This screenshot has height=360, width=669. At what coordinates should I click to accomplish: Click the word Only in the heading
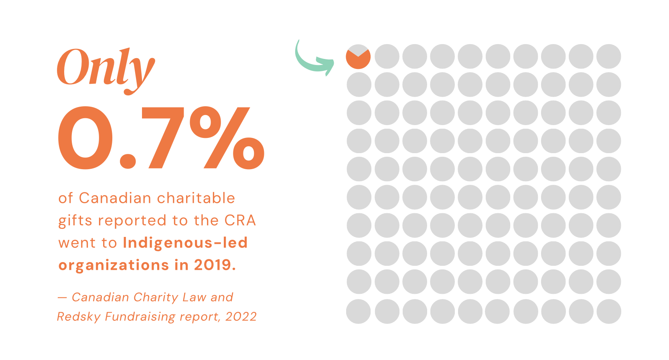[x=105, y=68]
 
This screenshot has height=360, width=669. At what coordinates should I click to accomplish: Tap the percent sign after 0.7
[x=227, y=137]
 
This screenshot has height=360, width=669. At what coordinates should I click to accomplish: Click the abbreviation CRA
[x=240, y=220]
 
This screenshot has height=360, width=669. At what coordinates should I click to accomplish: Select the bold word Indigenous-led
[x=185, y=243]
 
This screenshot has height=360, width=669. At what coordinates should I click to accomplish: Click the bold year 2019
[x=215, y=265]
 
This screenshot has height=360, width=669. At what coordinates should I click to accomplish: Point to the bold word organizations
[x=114, y=265]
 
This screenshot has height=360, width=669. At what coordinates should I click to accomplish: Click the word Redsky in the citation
[x=79, y=317]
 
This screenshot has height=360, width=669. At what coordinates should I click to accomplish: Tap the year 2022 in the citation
[x=241, y=317]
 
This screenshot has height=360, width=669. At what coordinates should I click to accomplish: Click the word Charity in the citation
[x=156, y=297]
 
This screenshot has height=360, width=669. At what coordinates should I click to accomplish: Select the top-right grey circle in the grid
[x=608, y=57]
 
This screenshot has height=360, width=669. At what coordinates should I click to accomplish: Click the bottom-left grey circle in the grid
[x=359, y=311]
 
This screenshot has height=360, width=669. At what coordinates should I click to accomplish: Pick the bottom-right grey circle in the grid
[x=608, y=311]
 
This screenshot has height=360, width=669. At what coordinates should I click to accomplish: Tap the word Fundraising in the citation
[x=140, y=317]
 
